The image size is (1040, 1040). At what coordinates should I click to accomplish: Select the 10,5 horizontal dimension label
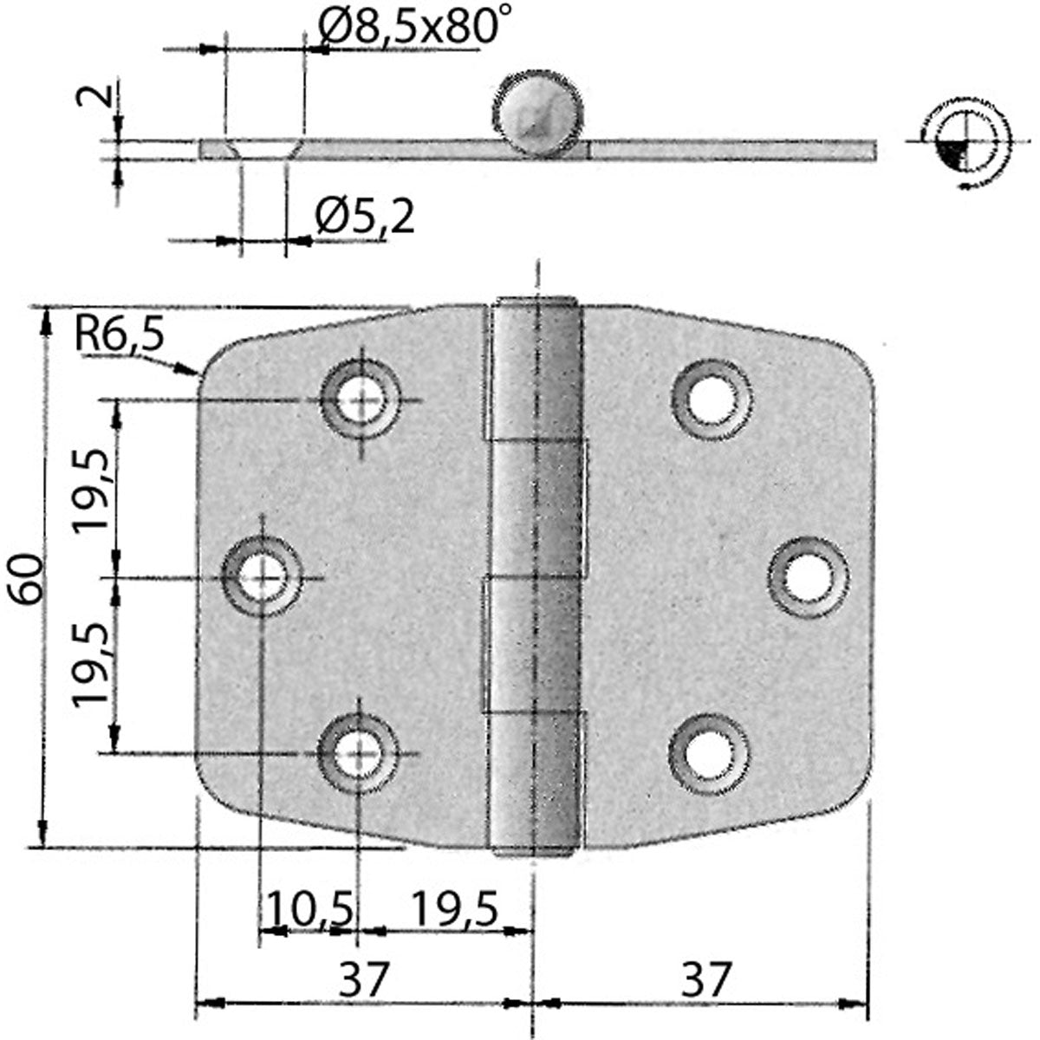[x=310, y=909]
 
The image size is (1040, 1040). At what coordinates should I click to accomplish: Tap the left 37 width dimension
[x=362, y=980]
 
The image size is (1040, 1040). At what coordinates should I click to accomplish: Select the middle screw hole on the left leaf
[x=261, y=576]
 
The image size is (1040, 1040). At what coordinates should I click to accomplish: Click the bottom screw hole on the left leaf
[x=358, y=752]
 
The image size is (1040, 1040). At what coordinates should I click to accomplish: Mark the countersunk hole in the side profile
[x=263, y=147]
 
